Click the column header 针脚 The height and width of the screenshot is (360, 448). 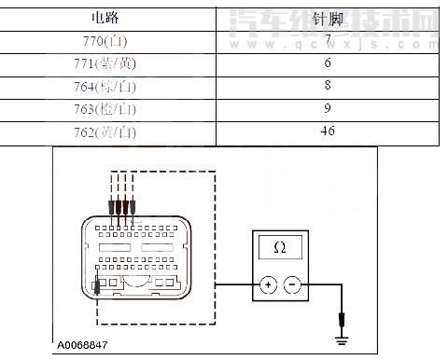[x=327, y=18]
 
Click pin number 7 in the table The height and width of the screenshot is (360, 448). [x=328, y=42]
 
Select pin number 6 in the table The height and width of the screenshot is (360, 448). [x=328, y=64]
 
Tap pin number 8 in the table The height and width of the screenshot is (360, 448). [x=328, y=87]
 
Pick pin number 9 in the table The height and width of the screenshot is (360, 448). [x=328, y=109]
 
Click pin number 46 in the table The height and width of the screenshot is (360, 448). [x=328, y=132]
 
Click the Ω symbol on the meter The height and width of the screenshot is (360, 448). [x=279, y=247]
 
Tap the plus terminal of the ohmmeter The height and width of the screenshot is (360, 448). [x=268, y=284]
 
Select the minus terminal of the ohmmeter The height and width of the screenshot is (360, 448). [x=292, y=284]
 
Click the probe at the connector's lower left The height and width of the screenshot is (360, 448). [x=98, y=285]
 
